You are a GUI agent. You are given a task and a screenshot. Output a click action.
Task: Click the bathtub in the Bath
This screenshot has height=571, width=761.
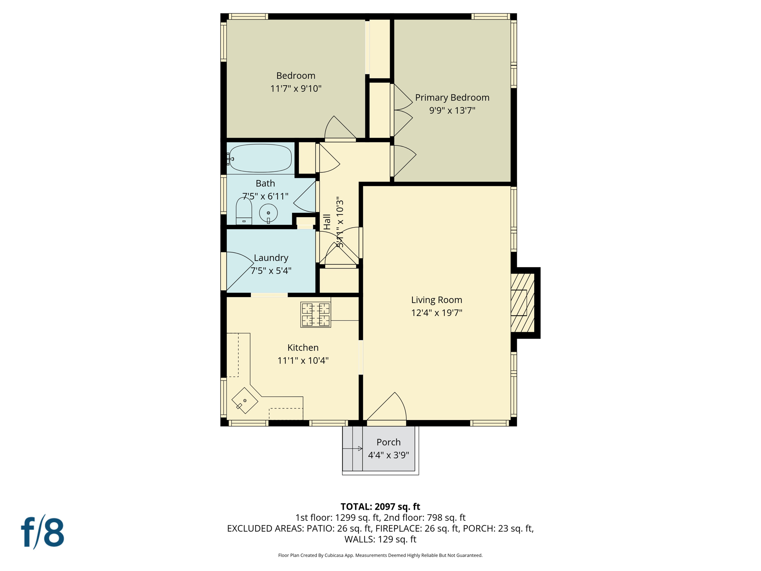(260, 158)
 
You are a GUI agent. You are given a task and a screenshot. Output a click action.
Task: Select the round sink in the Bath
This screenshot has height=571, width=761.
(268, 213)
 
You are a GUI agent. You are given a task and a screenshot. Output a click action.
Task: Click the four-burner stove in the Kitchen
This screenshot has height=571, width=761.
(315, 314)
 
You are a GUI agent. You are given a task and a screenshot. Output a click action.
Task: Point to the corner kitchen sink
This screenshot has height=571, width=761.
(245, 400)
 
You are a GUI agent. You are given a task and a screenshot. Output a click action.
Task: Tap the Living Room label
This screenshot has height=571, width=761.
(436, 300)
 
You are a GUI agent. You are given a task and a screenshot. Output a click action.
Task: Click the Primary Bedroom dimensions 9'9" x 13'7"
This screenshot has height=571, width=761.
(452, 110)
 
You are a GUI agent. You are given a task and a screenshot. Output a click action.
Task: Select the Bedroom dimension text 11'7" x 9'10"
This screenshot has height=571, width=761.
(295, 88)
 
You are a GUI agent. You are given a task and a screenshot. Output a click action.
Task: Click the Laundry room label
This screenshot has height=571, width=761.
(271, 258)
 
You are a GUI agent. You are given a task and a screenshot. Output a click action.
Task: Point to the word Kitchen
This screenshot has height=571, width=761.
(303, 348)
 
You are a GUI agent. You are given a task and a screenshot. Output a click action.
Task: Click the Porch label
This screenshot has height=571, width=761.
(388, 442)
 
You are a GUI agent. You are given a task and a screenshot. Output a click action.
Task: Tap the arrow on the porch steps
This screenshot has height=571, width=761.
(359, 449)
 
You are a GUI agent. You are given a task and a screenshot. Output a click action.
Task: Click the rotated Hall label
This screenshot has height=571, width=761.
(327, 222)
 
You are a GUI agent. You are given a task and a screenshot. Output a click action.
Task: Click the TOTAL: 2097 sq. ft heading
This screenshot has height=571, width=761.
(380, 507)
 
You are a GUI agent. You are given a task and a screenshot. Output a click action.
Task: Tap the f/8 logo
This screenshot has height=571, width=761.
(43, 532)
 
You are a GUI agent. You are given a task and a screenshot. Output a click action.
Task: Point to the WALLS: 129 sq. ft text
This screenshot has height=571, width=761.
(380, 539)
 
